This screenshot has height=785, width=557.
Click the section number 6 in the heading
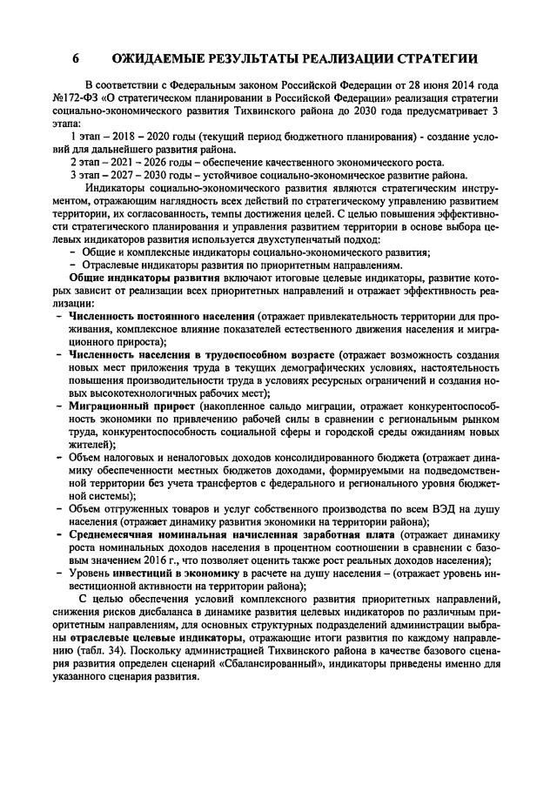tap(76, 59)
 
